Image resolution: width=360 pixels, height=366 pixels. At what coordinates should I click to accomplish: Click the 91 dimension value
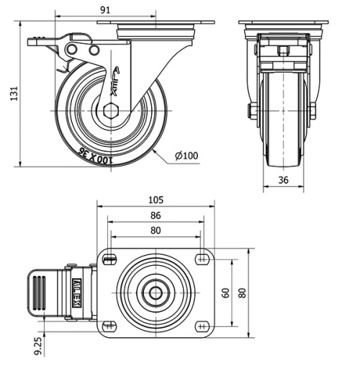[x=105, y=10]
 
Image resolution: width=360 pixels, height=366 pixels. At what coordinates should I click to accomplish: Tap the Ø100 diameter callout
[x=186, y=156]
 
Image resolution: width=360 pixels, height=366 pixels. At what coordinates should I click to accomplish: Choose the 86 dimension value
[x=156, y=215]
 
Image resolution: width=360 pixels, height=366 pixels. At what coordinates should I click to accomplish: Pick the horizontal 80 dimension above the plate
[x=156, y=231]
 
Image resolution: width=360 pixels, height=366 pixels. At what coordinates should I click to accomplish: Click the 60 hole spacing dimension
[x=225, y=293]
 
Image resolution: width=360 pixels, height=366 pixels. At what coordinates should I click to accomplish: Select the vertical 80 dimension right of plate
[x=242, y=293]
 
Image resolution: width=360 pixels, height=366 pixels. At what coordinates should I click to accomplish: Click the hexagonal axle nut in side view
[x=109, y=112]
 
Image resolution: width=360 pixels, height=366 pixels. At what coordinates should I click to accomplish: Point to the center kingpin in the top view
[x=156, y=293]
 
